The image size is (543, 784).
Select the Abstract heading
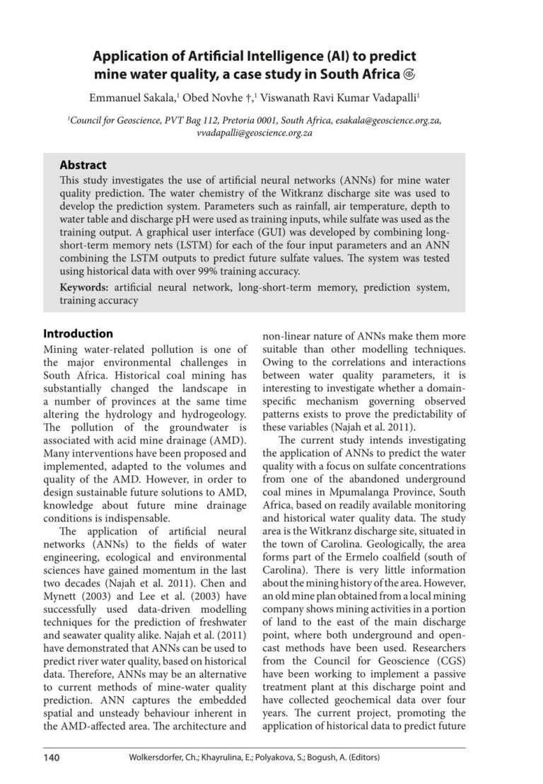(x=83, y=165)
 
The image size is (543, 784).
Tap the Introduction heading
(x=78, y=333)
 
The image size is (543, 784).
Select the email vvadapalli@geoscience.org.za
(x=255, y=132)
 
